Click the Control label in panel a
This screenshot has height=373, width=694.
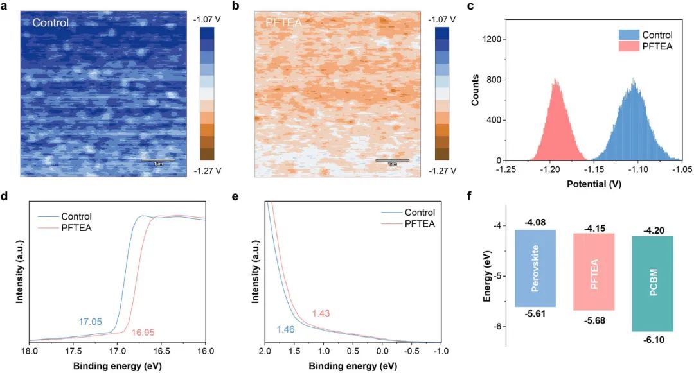51,23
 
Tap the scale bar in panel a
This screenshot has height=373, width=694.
158,160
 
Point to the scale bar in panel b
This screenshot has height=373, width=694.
392,160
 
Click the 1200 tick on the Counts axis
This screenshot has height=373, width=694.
491,39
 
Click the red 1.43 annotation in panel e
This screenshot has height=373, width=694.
322,313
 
